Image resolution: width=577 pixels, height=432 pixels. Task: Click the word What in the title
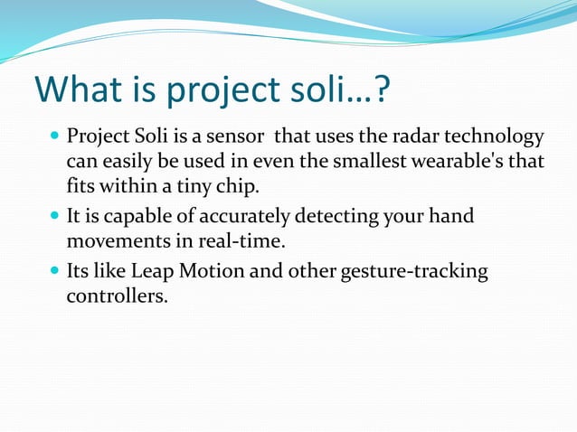[80, 90]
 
